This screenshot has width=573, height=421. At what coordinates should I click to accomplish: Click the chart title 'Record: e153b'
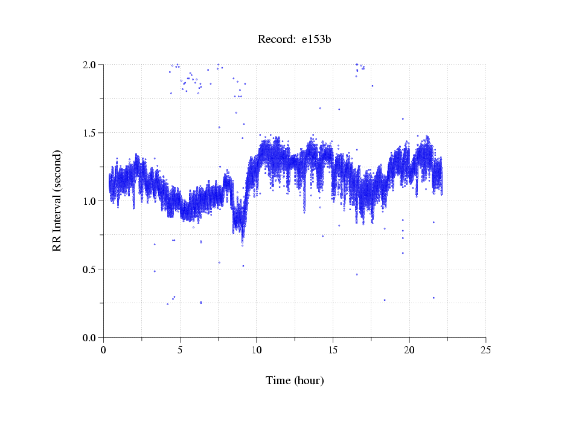(x=294, y=40)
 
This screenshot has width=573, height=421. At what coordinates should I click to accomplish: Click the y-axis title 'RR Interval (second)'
(x=57, y=200)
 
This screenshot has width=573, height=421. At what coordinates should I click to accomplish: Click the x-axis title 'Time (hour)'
(x=295, y=381)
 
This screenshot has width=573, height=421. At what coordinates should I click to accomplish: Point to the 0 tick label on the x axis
(x=104, y=350)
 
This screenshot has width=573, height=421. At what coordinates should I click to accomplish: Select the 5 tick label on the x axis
(x=180, y=350)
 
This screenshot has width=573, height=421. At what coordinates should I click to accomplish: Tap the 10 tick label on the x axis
(x=257, y=350)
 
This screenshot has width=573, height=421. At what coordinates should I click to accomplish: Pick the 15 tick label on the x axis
(x=333, y=350)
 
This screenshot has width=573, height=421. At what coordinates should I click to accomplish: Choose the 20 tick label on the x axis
(x=409, y=350)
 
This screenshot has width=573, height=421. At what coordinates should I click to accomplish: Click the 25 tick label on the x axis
(x=486, y=350)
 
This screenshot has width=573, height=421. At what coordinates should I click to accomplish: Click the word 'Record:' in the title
(x=277, y=40)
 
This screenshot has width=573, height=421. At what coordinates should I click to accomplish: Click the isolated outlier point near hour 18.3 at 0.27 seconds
(x=384, y=300)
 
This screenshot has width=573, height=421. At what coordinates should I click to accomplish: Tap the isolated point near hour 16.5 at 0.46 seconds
(x=357, y=274)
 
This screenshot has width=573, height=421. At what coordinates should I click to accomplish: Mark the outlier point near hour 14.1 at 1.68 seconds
(x=320, y=108)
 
